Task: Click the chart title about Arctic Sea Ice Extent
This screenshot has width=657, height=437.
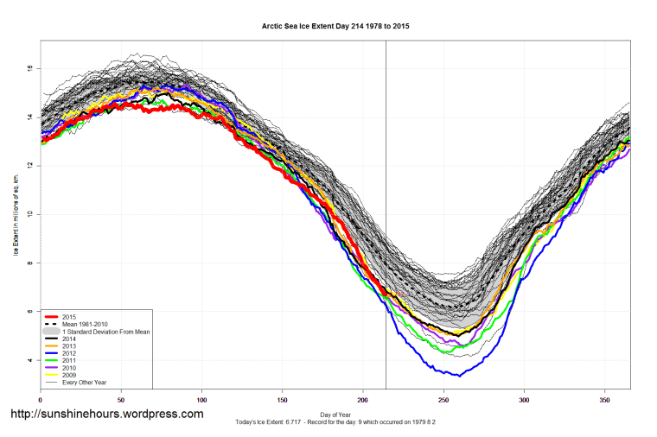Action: [335, 27]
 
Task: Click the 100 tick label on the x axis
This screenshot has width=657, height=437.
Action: [201, 400]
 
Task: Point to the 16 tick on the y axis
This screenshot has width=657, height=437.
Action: [31, 68]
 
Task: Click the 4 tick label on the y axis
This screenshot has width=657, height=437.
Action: [31, 360]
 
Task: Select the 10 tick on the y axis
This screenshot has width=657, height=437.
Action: [31, 214]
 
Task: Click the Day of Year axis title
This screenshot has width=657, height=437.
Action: [335, 414]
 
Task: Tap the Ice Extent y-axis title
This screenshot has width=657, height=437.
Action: [16, 214]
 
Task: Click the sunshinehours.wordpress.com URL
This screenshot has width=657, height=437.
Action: [107, 415]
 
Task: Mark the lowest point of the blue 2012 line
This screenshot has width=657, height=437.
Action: [459, 376]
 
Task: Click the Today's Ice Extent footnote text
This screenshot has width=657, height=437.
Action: [335, 421]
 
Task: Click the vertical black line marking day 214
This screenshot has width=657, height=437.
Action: [386, 173]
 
